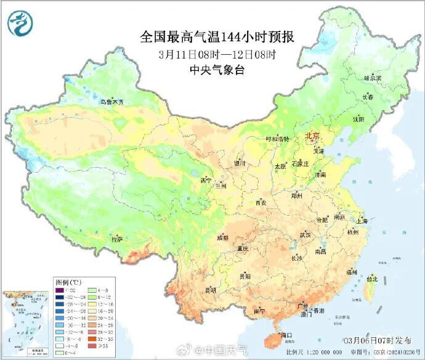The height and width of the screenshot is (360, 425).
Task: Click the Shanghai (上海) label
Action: coord(362,221)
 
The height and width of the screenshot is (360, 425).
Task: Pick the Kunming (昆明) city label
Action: coord(211,290)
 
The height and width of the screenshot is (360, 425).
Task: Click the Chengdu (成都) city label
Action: coord(222,237)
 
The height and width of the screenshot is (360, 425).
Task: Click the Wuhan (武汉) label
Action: coord(306,235)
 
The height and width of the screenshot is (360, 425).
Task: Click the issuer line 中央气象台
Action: coord(217,70)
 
